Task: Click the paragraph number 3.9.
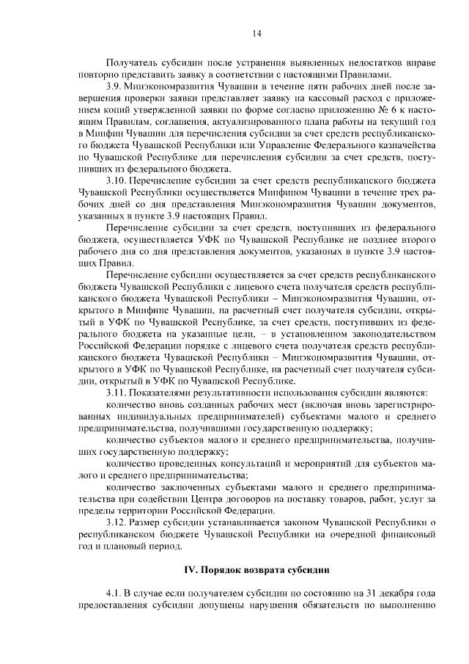(115, 87)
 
